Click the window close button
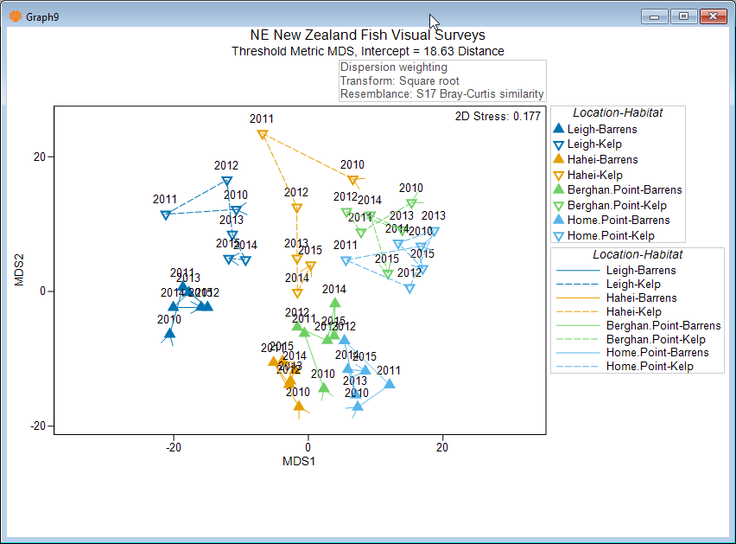pyautogui.click(x=713, y=16)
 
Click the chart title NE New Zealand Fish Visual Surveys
pyautogui.click(x=367, y=35)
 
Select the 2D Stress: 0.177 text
pyautogui.click(x=498, y=116)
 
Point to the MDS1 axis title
pyautogui.click(x=299, y=461)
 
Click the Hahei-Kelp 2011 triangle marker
pyautogui.click(x=263, y=134)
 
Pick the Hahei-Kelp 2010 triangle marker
pyautogui.click(x=352, y=180)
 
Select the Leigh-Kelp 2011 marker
pyautogui.click(x=165, y=214)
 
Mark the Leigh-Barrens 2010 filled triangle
pyautogui.click(x=169, y=333)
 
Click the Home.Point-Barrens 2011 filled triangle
pyautogui.click(x=389, y=384)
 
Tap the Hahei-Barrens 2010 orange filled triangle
pyautogui.click(x=299, y=406)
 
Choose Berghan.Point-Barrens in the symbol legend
pyautogui.click(x=624, y=190)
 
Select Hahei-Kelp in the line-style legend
pyautogui.click(x=633, y=311)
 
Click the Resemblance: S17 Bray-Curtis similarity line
pyautogui.click(x=441, y=94)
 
